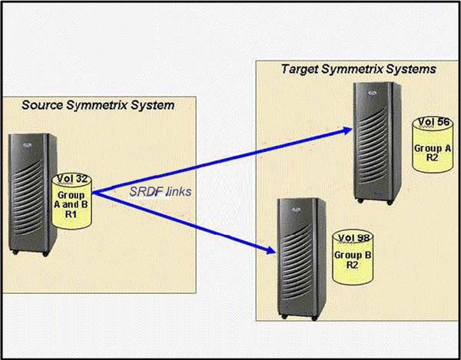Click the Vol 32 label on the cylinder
click(x=71, y=179)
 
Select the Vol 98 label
click(x=353, y=238)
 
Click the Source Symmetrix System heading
click(x=98, y=105)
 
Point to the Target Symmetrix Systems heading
click(x=358, y=69)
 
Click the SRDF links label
click(x=161, y=192)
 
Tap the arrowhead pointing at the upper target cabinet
click(x=347, y=130)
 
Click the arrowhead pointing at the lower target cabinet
click(x=271, y=250)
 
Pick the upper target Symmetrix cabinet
click(x=377, y=143)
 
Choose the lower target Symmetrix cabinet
click(x=301, y=259)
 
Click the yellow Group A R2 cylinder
click(x=432, y=144)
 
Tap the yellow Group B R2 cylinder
click(x=352, y=257)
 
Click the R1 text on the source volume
click(x=71, y=215)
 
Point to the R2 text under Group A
click(x=432, y=157)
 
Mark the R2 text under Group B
click(x=352, y=265)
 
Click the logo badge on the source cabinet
click(x=27, y=145)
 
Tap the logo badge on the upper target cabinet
click(x=371, y=93)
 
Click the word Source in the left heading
click(x=42, y=105)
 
